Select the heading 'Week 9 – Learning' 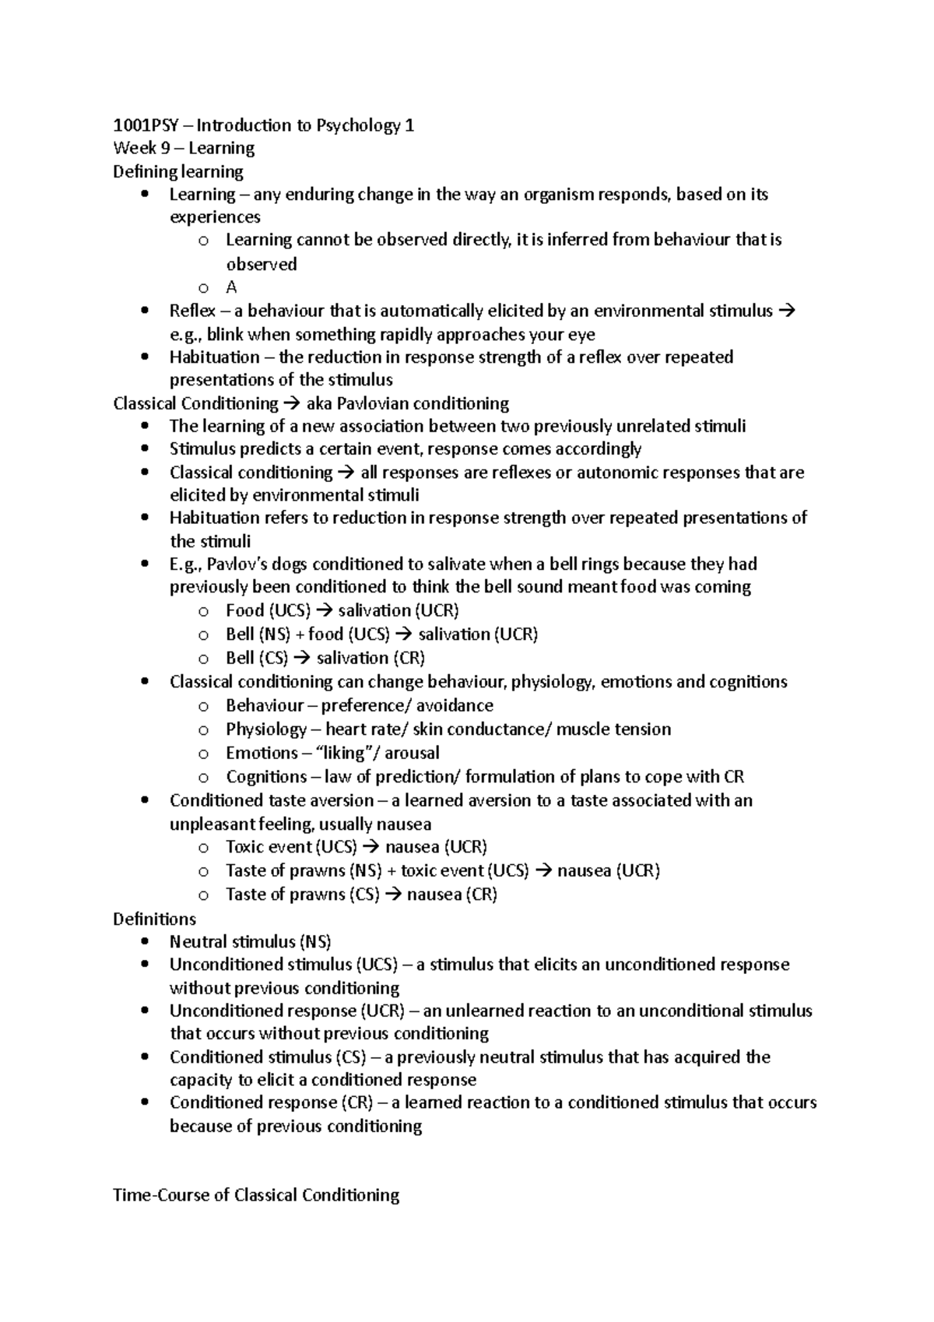click(184, 148)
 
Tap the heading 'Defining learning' click(178, 171)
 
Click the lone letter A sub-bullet click(231, 287)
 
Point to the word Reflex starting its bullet click(192, 311)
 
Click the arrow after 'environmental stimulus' click(787, 311)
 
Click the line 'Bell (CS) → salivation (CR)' click(325, 658)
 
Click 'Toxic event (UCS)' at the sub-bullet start click(291, 847)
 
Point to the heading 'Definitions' click(155, 919)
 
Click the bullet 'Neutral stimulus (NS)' click(250, 942)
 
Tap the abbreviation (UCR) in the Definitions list click(382, 1011)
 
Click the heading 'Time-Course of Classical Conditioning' click(256, 1195)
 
